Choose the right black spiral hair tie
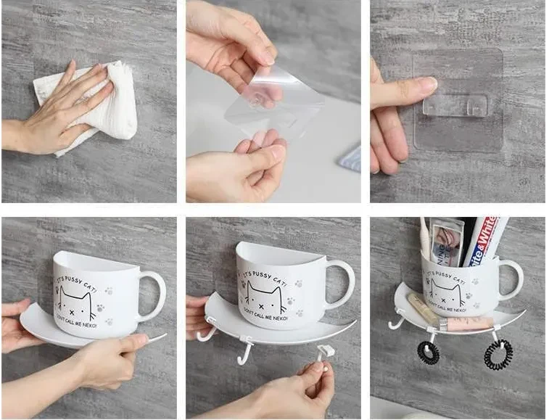pyautogui.click(x=498, y=355)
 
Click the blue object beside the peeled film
pyautogui.click(x=351, y=159)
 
